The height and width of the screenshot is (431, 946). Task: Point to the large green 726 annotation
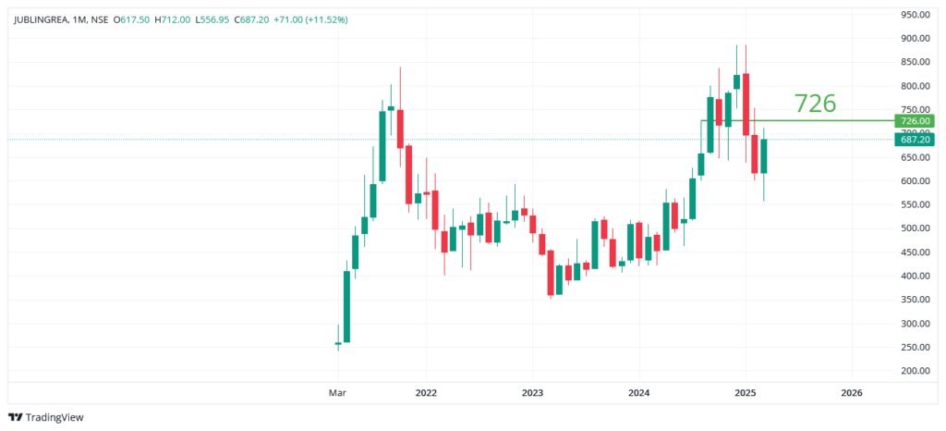pos(815,104)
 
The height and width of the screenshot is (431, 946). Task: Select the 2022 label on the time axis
pos(426,393)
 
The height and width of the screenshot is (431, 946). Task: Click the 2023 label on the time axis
pos(532,393)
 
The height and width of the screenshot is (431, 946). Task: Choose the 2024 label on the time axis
pos(638,393)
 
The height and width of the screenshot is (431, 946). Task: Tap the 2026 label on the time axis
pos(852,393)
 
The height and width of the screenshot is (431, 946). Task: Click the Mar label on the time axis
pos(338,393)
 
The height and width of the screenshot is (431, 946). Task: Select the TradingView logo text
pos(54,417)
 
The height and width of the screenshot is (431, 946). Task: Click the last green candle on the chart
pos(764,156)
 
